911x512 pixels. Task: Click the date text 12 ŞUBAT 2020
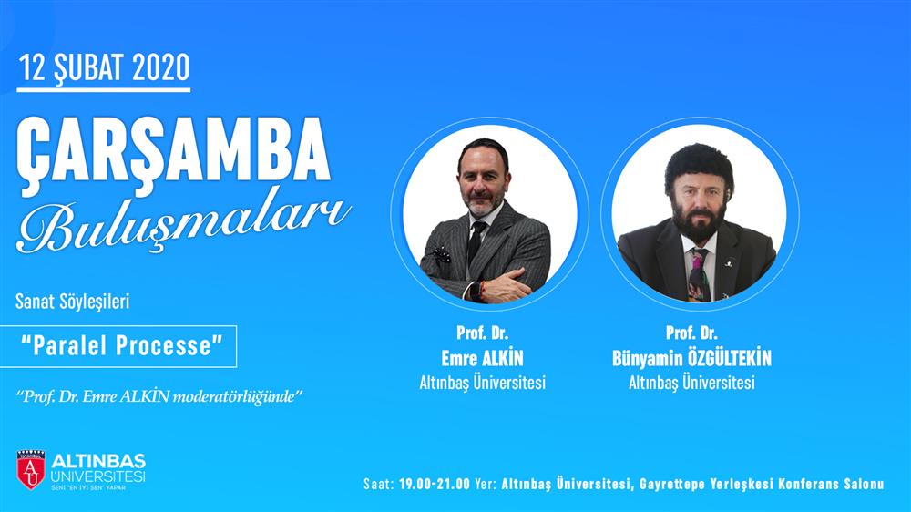coord(104,67)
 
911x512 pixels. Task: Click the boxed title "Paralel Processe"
coord(122,346)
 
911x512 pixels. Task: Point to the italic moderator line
coord(159,397)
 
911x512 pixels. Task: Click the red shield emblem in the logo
coord(31,469)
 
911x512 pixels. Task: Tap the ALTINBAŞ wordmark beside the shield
coord(98,462)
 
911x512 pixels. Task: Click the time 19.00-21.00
coord(434,484)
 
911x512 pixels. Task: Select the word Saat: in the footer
coord(379,484)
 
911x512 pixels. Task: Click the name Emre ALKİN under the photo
coord(482,358)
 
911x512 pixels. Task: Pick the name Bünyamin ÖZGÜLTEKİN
coord(691,358)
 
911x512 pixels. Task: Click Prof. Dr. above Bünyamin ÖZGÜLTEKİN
coord(691,333)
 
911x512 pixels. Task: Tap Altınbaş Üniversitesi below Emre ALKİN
coord(482,383)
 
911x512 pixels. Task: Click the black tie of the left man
coord(476,243)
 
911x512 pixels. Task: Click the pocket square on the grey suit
coord(440,254)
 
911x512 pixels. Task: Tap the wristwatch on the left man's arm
coord(476,290)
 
